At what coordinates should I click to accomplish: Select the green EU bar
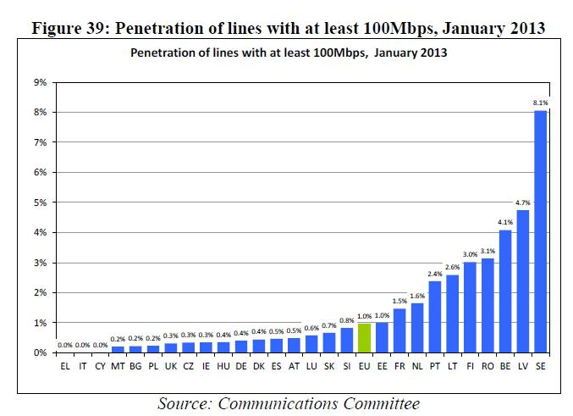(x=364, y=338)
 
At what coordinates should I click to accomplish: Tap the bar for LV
(x=523, y=281)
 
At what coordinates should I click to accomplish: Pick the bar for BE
(x=505, y=291)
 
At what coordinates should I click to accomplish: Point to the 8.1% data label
(x=540, y=103)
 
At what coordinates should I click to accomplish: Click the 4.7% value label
(x=523, y=202)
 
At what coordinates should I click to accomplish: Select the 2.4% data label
(x=435, y=274)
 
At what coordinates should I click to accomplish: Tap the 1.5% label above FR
(x=399, y=301)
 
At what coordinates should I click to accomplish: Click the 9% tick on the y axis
(x=40, y=82)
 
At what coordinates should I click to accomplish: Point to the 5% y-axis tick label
(x=40, y=202)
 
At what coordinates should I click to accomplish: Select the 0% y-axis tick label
(x=40, y=352)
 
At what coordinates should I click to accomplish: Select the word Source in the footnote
(x=184, y=402)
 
